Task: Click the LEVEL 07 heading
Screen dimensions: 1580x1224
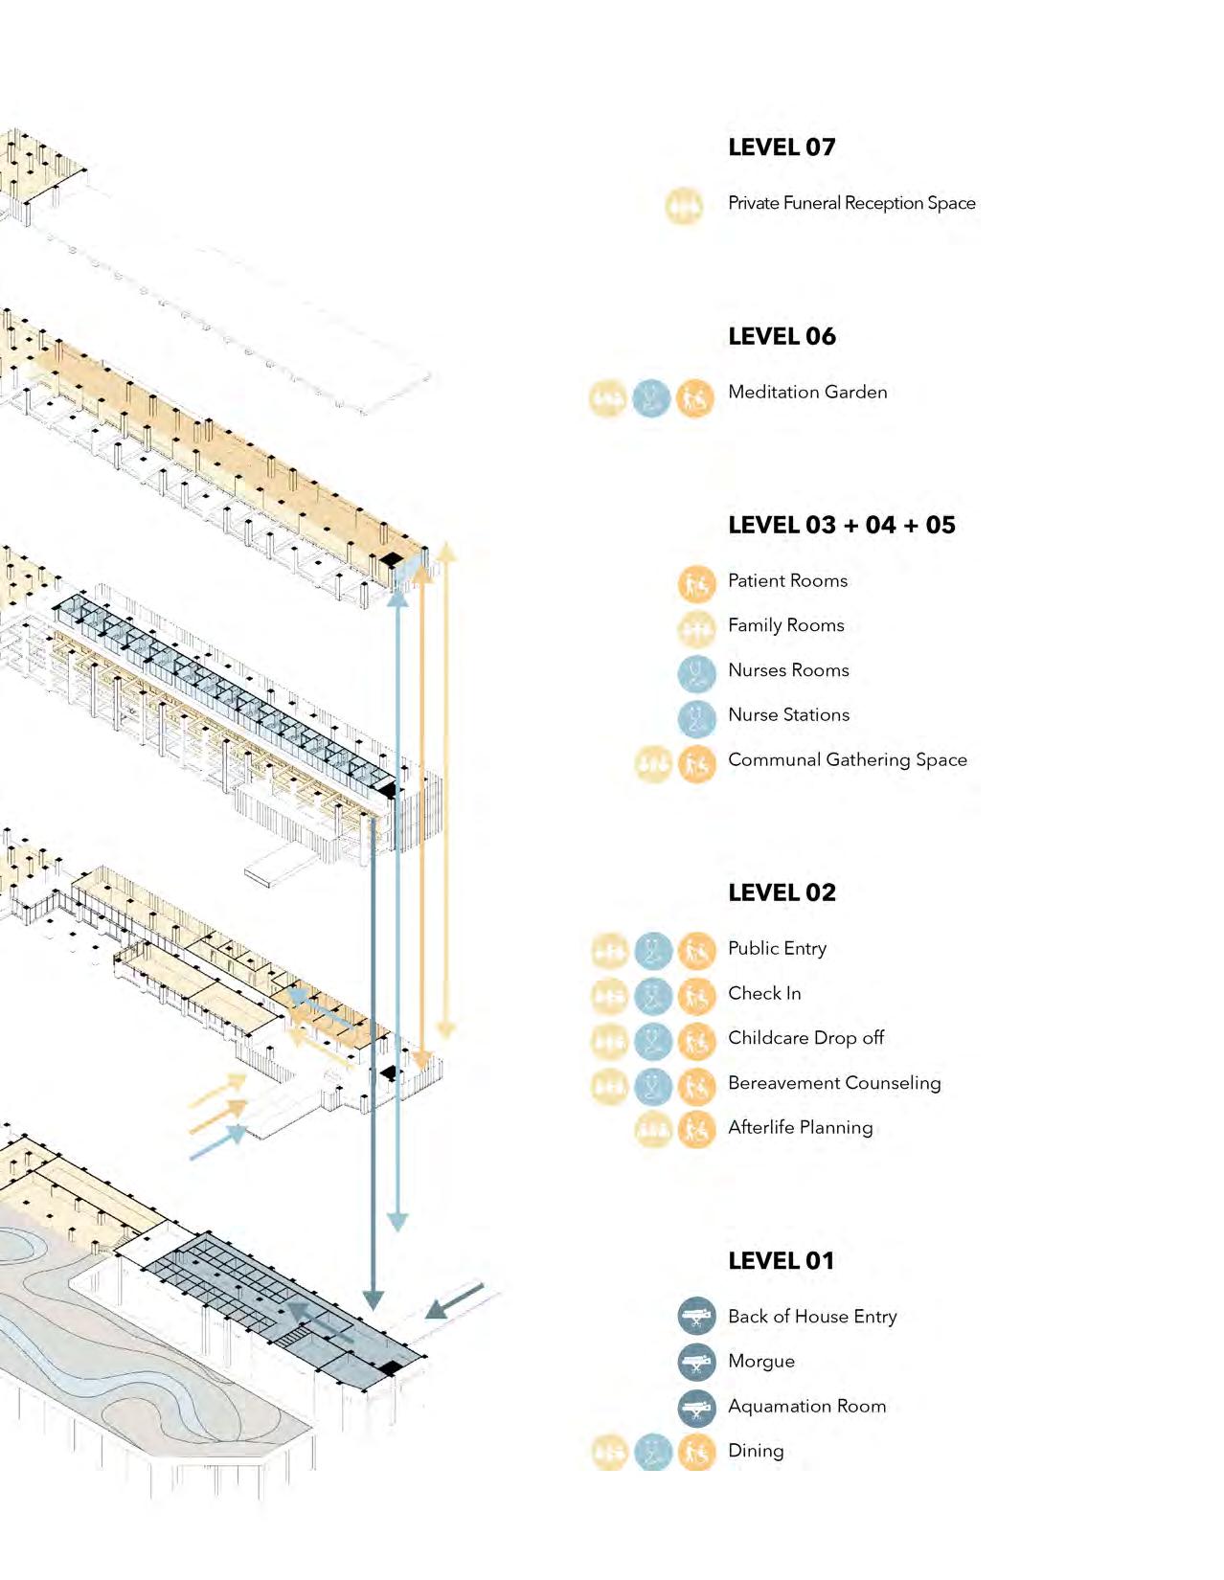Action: [782, 147]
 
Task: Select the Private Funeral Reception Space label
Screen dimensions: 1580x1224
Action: [851, 203]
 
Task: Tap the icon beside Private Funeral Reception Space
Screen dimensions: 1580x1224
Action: [684, 206]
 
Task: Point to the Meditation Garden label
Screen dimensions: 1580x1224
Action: [807, 392]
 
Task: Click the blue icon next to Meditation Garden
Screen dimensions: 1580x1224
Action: [651, 398]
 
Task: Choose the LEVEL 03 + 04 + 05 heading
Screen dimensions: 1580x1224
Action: [841, 525]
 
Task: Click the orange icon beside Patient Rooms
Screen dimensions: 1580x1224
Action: [696, 583]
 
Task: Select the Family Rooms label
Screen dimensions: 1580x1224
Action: [785, 625]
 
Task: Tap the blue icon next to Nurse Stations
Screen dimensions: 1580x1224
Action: [696, 718]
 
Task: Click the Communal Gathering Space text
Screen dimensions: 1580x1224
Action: [847, 759]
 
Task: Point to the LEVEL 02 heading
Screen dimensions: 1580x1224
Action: [782, 892]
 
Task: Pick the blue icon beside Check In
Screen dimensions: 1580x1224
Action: [653, 996]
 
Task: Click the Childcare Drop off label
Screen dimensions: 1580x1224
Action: [805, 1038]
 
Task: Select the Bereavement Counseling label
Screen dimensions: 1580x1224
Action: [834, 1083]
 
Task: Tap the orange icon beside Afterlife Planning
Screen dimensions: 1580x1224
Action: [696, 1130]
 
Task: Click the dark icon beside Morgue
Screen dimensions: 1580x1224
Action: [696, 1362]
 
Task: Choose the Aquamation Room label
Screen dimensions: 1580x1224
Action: [806, 1406]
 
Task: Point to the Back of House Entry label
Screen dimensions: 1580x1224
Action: [812, 1317]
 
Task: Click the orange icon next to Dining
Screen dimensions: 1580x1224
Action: [696, 1453]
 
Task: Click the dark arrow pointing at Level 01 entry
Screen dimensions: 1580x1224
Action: [454, 1300]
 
